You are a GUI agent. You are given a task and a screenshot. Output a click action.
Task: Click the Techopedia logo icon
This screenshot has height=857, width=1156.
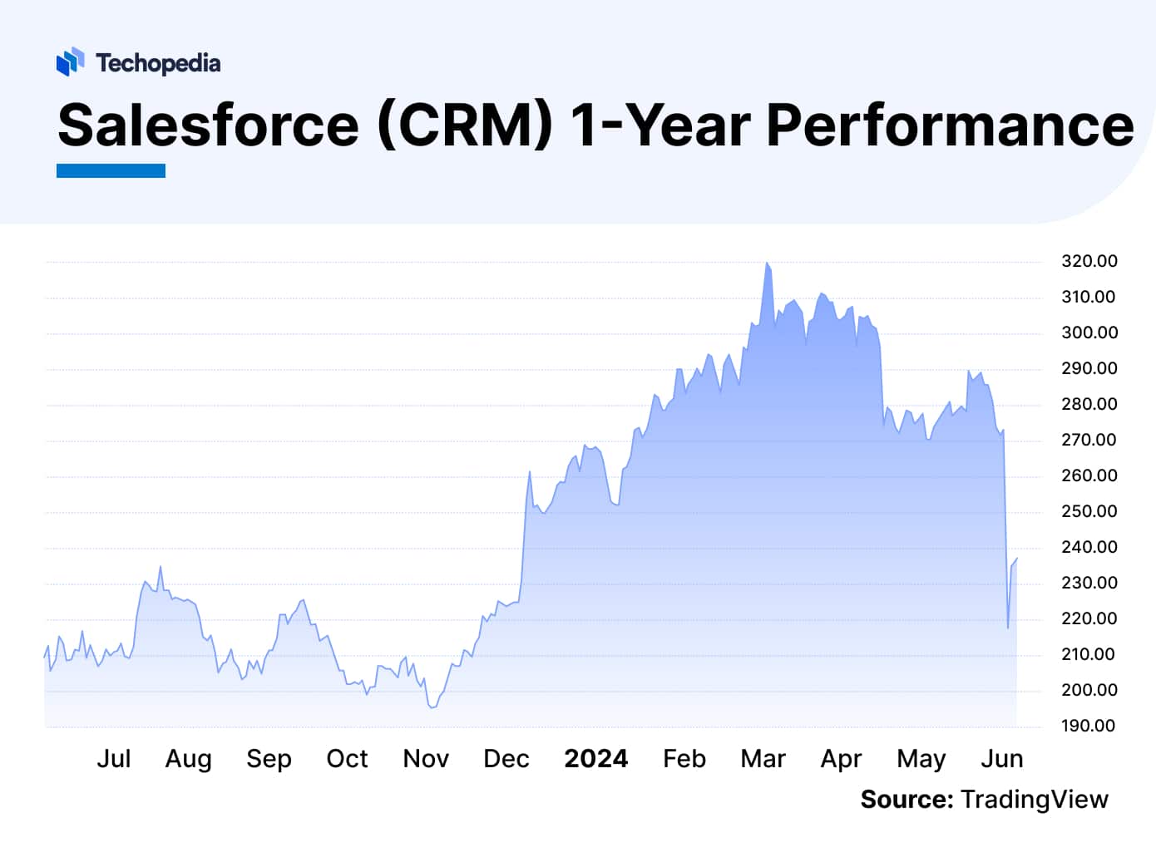point(70,62)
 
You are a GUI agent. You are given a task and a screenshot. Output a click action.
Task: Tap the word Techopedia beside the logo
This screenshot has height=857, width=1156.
point(158,63)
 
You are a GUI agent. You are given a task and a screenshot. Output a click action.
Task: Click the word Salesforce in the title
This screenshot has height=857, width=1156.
point(209,126)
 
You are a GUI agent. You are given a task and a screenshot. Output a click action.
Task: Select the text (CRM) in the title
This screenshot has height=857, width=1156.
point(465,126)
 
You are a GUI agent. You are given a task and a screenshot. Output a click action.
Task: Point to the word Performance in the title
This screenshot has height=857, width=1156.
point(949,126)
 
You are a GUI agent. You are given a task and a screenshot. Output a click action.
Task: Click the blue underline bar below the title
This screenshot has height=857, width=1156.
point(111,170)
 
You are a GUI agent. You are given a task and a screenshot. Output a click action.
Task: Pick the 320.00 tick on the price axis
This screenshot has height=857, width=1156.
point(1089,261)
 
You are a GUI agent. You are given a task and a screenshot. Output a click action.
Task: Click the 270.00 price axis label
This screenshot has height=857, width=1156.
point(1089,440)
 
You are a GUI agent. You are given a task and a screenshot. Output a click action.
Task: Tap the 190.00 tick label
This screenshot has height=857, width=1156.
point(1089,726)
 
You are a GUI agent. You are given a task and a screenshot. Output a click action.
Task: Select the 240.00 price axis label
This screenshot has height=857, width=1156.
point(1089,547)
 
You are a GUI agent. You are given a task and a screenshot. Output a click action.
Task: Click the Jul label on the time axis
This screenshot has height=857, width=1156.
point(114,759)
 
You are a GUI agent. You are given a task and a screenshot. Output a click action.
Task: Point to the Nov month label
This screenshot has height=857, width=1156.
point(426,759)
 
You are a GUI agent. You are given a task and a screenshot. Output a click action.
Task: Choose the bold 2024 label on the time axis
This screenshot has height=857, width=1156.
point(595,759)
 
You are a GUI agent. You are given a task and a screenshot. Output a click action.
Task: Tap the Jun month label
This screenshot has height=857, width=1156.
point(1001,759)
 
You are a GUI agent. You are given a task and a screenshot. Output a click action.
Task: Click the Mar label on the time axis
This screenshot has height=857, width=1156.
point(763,759)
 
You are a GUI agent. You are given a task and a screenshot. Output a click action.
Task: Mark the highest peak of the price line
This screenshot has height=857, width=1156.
point(767,264)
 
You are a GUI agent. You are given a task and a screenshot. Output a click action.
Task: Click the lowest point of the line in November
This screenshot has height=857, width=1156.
point(431,707)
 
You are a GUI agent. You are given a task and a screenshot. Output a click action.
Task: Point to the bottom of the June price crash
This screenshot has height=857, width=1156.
point(1008,628)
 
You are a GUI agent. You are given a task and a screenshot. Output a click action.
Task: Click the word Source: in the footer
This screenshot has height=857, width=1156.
point(907,800)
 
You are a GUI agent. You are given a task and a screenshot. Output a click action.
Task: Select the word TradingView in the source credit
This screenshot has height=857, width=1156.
point(1034,800)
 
